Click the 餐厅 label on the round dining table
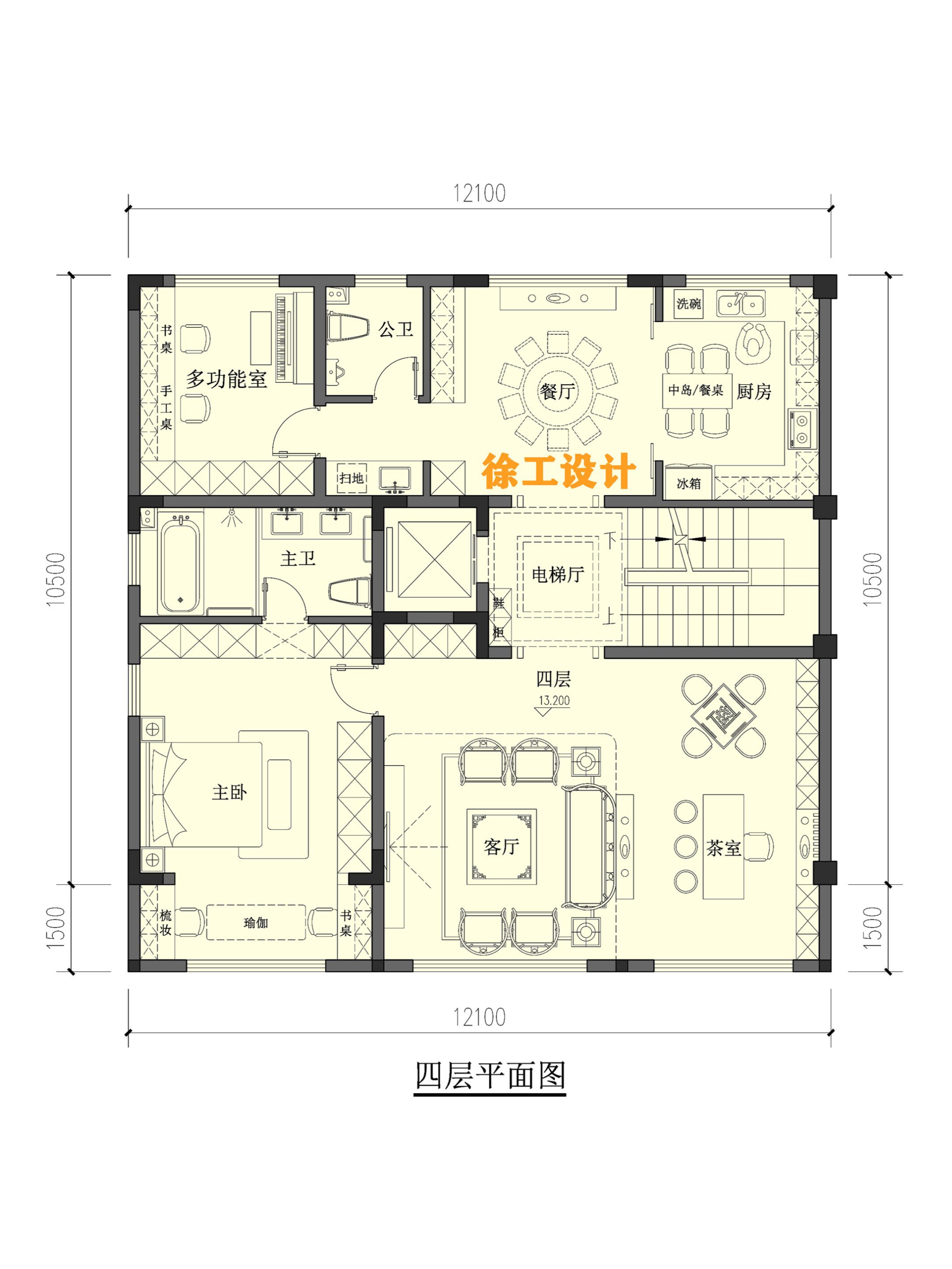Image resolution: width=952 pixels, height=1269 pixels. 556,391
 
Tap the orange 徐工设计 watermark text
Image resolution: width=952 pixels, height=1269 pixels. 558,472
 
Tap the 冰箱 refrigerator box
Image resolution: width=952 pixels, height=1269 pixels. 689,483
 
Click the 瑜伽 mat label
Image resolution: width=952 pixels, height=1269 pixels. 255,922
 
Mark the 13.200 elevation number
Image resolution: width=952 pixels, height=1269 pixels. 554,700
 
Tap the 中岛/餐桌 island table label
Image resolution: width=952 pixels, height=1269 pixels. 695,390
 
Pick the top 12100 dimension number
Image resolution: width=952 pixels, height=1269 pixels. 479,193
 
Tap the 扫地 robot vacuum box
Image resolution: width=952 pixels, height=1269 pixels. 351,478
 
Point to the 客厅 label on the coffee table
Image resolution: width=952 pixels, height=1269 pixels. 501,846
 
